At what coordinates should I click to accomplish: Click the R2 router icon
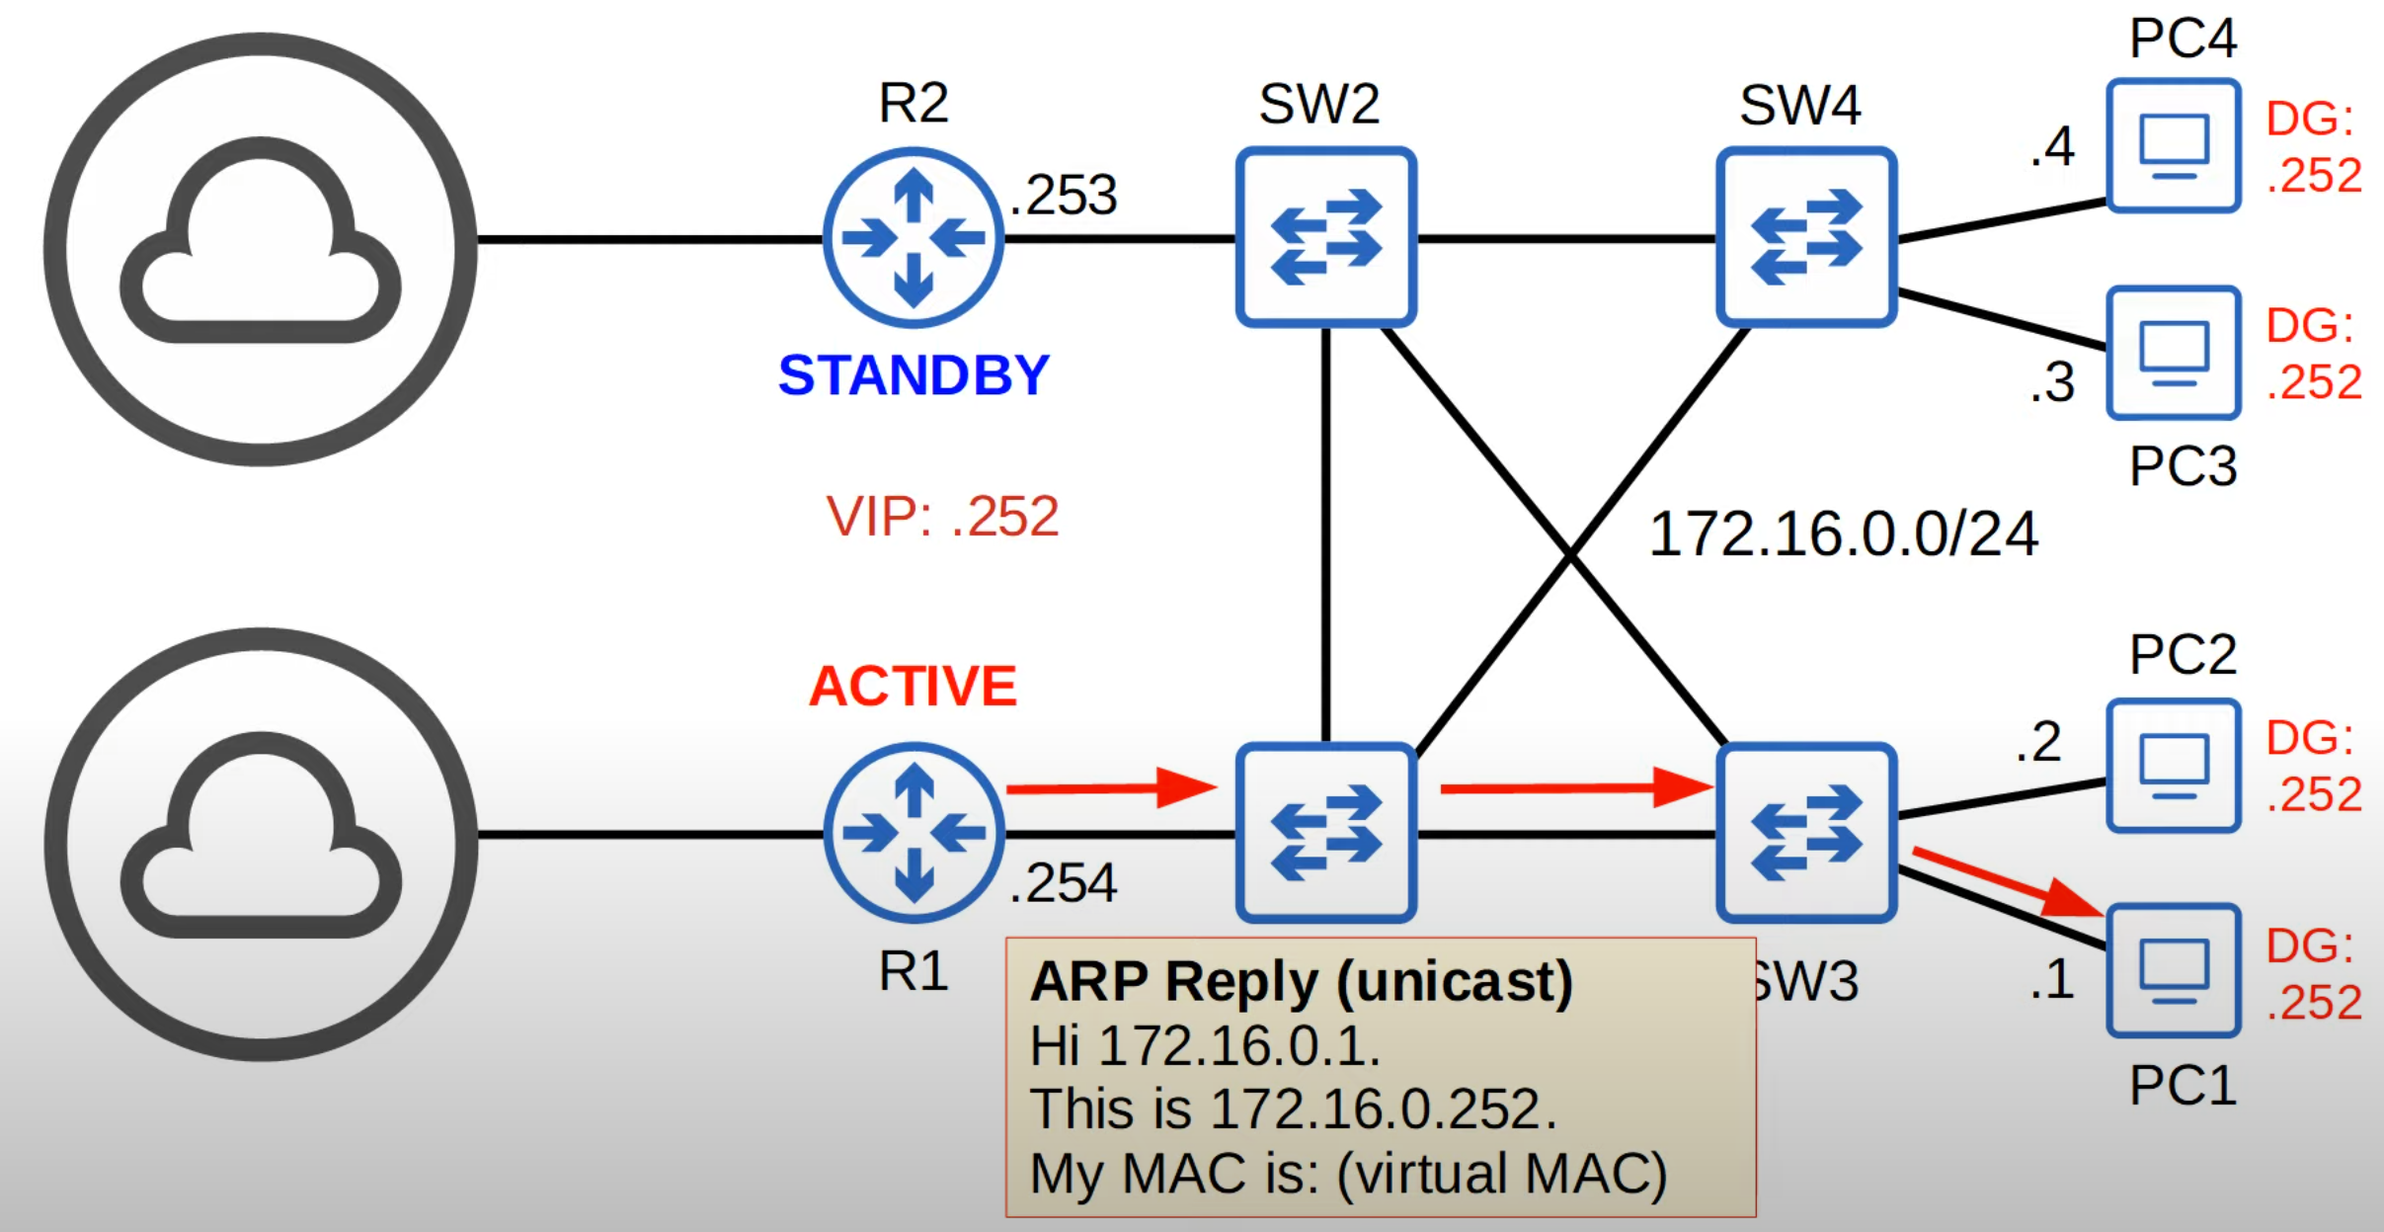[x=914, y=238]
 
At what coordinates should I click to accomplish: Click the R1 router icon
[x=914, y=833]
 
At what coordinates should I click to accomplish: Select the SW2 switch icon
[x=1325, y=237]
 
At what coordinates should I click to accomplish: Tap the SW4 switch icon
[x=1806, y=237]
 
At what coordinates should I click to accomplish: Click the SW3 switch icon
[x=1806, y=833]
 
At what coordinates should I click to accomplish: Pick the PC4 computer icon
[x=2173, y=146]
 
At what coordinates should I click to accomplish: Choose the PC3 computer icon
[x=2173, y=353]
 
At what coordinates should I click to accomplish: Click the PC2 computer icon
[x=2173, y=766]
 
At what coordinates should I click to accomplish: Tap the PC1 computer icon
[x=2173, y=970]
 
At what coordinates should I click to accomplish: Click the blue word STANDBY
[x=914, y=375]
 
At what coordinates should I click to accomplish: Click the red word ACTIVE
[x=913, y=686]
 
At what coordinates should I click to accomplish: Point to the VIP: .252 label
[x=942, y=516]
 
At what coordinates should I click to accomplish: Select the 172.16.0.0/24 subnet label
[x=1843, y=534]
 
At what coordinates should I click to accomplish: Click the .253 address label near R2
[x=1064, y=195]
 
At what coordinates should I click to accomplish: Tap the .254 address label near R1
[x=1064, y=882]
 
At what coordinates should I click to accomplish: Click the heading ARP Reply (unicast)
[x=1301, y=981]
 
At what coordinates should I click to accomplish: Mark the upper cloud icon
[x=261, y=249]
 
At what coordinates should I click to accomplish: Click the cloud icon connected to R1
[x=261, y=844]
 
